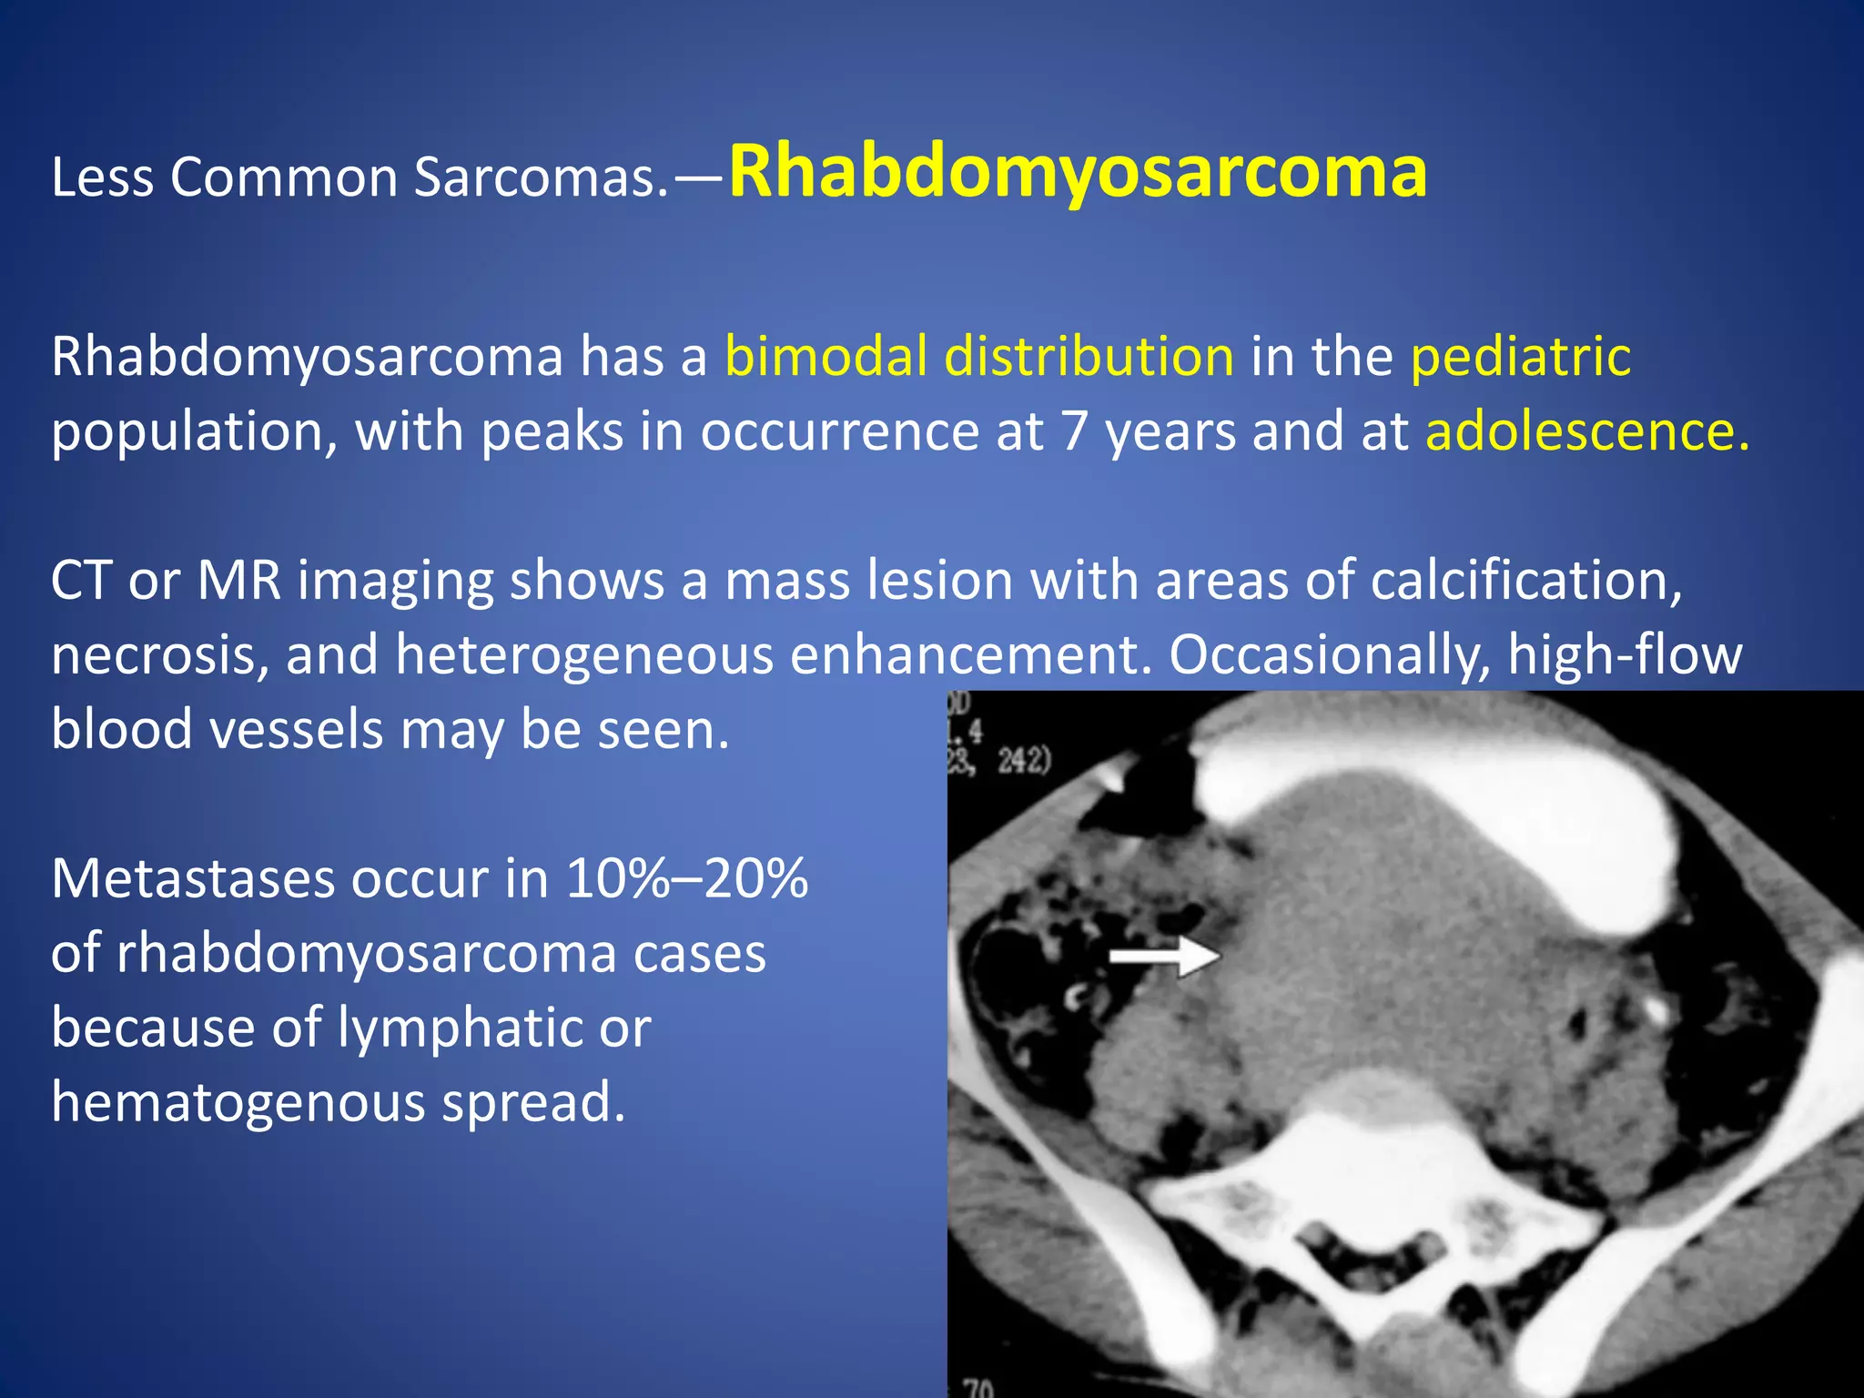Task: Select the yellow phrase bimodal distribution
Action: (979, 356)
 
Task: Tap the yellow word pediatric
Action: (1520, 356)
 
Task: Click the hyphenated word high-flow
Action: (1625, 654)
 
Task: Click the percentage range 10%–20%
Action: (686, 878)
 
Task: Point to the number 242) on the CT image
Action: (1024, 760)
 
